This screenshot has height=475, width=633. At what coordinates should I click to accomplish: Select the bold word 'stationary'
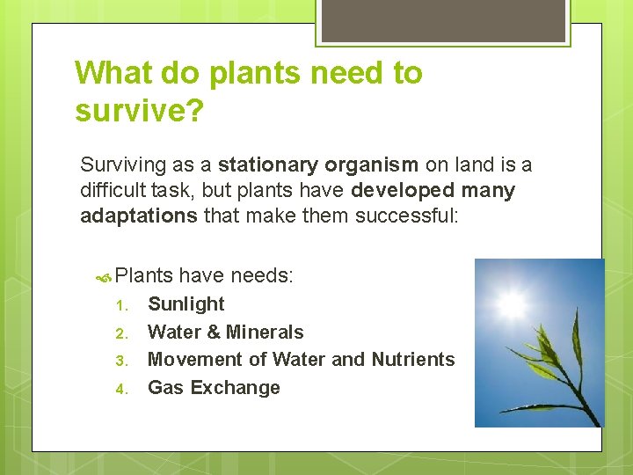click(268, 164)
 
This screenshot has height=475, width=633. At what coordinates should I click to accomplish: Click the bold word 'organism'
click(372, 164)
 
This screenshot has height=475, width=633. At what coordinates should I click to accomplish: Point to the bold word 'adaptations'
click(139, 216)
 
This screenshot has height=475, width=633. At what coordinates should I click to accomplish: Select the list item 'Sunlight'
click(186, 304)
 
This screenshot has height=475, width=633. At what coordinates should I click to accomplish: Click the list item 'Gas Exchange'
click(214, 388)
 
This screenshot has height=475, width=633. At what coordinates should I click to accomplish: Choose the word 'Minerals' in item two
click(265, 332)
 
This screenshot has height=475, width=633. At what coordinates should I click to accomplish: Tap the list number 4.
click(123, 389)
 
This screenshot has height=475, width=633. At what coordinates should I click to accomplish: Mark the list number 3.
click(123, 361)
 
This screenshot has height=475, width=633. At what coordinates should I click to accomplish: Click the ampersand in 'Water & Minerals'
click(214, 332)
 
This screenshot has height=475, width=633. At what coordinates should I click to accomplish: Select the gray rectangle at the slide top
click(443, 20)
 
